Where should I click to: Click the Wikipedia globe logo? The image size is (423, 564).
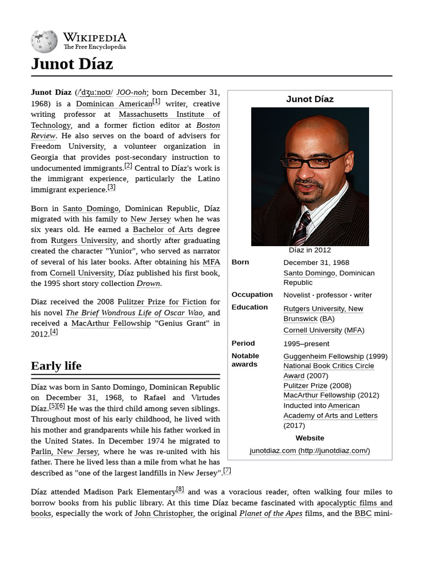tap(44, 41)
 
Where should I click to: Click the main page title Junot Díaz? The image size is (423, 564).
tap(72, 64)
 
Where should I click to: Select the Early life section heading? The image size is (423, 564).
tap(56, 366)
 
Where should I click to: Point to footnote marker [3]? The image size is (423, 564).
tap(111, 187)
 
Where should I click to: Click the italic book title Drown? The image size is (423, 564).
tap(148, 284)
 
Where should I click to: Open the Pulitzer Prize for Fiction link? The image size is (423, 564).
tap(162, 302)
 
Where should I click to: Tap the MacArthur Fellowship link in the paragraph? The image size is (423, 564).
tap(111, 323)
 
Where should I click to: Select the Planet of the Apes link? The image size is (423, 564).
tap(270, 513)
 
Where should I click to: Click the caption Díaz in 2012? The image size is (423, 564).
tap(310, 250)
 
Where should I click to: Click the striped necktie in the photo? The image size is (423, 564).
tap(302, 229)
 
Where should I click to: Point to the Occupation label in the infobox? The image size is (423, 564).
tap(252, 295)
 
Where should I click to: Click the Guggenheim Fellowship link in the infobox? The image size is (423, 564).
tap(323, 356)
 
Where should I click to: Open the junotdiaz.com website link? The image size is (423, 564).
tap(310, 451)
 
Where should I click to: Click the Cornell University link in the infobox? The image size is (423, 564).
tap(312, 330)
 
